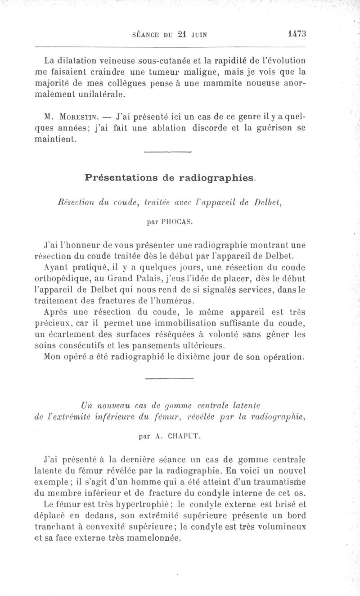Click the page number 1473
click(296, 33)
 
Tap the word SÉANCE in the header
click(146, 34)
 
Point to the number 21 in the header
click(182, 34)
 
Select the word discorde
click(212, 128)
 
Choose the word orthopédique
click(63, 280)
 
